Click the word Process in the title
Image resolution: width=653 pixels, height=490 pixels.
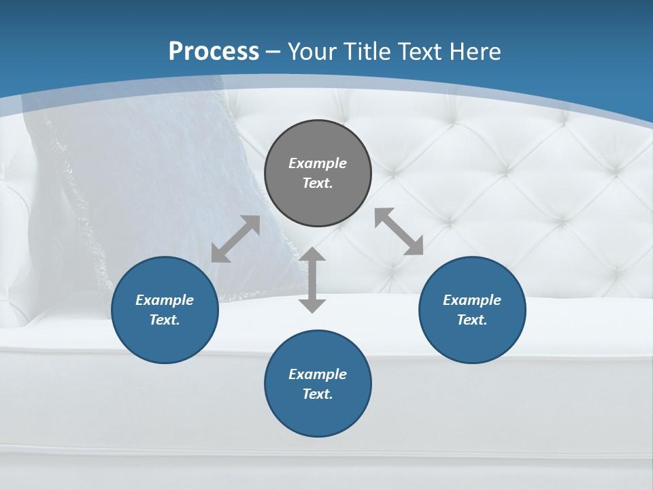click(214, 51)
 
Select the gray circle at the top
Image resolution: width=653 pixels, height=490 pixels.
click(318, 174)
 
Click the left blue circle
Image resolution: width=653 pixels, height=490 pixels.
click(165, 310)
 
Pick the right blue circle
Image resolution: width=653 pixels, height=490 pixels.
click(472, 310)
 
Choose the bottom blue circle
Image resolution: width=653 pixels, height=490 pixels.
click(318, 384)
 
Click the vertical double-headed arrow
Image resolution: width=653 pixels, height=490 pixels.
click(312, 280)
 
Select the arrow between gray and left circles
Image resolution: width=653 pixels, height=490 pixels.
click(235, 239)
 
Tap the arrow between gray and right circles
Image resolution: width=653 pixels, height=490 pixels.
click(399, 231)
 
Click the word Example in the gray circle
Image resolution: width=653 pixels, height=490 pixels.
click(318, 163)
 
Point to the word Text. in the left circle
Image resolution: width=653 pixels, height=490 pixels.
click(165, 320)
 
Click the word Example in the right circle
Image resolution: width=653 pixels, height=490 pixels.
click(472, 300)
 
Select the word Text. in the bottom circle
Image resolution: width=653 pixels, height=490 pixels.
click(318, 394)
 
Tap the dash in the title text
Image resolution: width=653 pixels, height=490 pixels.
click(273, 52)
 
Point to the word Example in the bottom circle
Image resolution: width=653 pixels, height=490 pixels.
click(318, 374)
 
